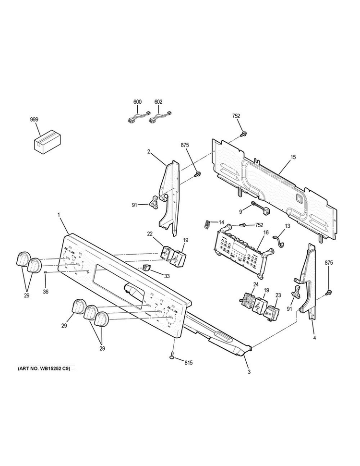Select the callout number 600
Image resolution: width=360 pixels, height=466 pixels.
coord(137,102)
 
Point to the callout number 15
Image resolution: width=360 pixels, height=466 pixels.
coord(293,158)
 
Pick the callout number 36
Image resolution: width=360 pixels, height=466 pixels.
coord(46,291)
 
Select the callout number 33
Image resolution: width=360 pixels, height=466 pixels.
coord(167,276)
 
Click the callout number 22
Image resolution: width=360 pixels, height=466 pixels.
coord(150,233)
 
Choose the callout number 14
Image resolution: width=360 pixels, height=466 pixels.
coord(221,222)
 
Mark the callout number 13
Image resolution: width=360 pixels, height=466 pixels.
coord(288,226)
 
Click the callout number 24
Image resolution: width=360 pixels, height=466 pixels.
coord(256,284)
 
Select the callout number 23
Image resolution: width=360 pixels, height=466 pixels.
coord(277,296)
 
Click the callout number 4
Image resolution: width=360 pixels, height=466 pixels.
coord(314,338)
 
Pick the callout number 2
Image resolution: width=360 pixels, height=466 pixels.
coord(149,152)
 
